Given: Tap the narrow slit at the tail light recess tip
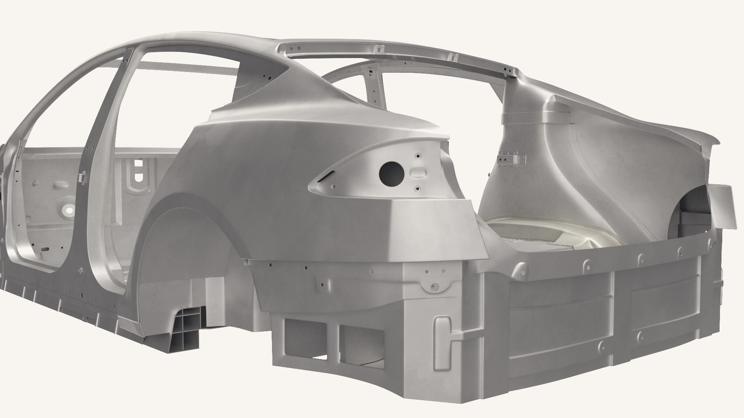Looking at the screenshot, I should (325, 177).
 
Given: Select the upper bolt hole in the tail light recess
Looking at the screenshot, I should (418, 156).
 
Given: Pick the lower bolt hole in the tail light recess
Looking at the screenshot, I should (418, 188).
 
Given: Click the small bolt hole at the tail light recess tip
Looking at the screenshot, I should (332, 188).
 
